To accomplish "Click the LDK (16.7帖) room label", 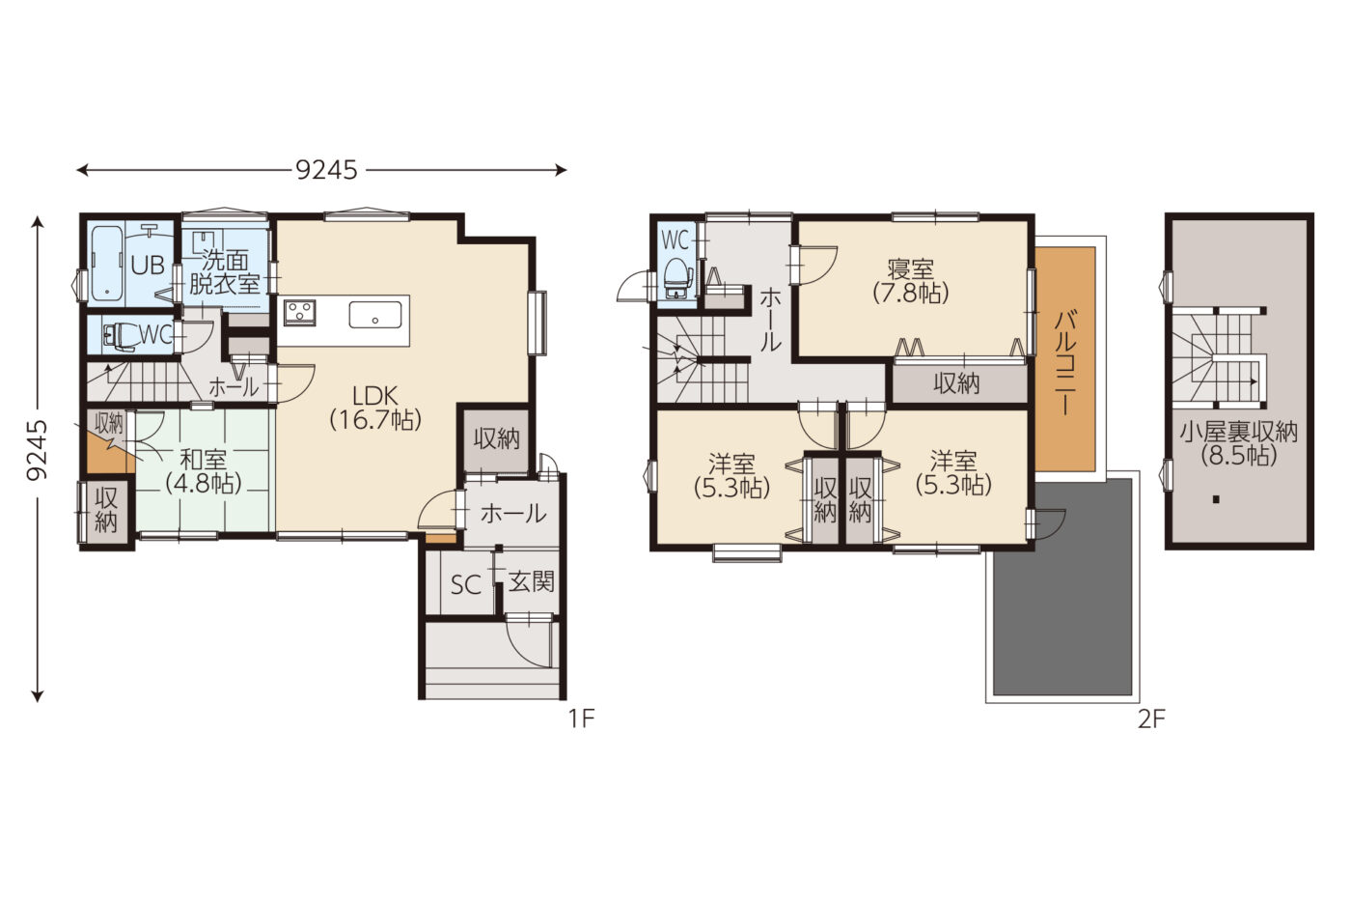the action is [375, 408].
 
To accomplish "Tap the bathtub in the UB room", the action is [107, 264].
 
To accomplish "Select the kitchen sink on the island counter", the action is [374, 315].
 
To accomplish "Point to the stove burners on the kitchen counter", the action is [300, 313].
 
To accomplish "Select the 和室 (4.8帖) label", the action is [204, 471].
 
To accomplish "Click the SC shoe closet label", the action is [466, 585].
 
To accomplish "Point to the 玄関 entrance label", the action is [531, 582].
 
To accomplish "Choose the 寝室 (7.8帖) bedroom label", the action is [911, 281].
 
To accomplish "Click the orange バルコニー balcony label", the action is [1065, 363].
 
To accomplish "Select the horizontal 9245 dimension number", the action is [326, 171].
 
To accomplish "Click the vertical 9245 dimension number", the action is [37, 450].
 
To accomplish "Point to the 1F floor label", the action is [582, 718].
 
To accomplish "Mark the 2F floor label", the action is [1151, 718].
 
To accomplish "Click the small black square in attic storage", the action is [1216, 499].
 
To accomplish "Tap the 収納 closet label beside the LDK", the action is [496, 438].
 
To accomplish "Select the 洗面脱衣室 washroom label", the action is [224, 272].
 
